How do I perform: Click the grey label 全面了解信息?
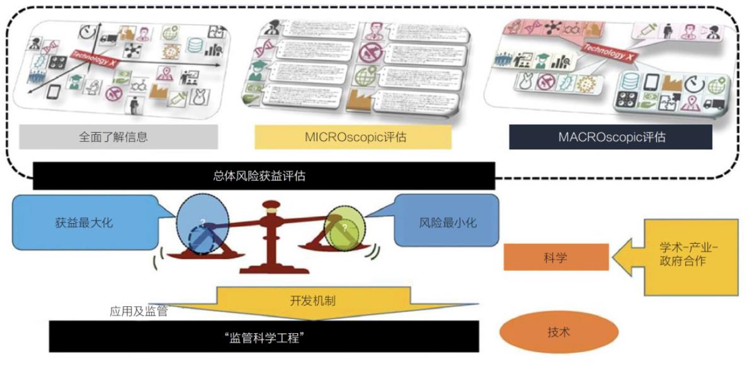pyautogui.click(x=118, y=137)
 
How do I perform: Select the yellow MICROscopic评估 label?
pyautogui.click(x=353, y=137)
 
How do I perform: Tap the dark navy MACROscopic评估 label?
pyautogui.click(x=611, y=137)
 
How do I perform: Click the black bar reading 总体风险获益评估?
pyautogui.click(x=264, y=176)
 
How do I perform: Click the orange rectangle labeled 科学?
pyautogui.click(x=556, y=258)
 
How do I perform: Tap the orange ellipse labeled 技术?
pyautogui.click(x=559, y=332)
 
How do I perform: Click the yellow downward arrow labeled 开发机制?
pyautogui.click(x=313, y=301)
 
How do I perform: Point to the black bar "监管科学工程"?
pyautogui.click(x=264, y=338)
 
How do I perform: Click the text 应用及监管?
pyautogui.click(x=139, y=311)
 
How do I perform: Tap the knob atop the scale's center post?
pyautogui.click(x=272, y=206)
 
